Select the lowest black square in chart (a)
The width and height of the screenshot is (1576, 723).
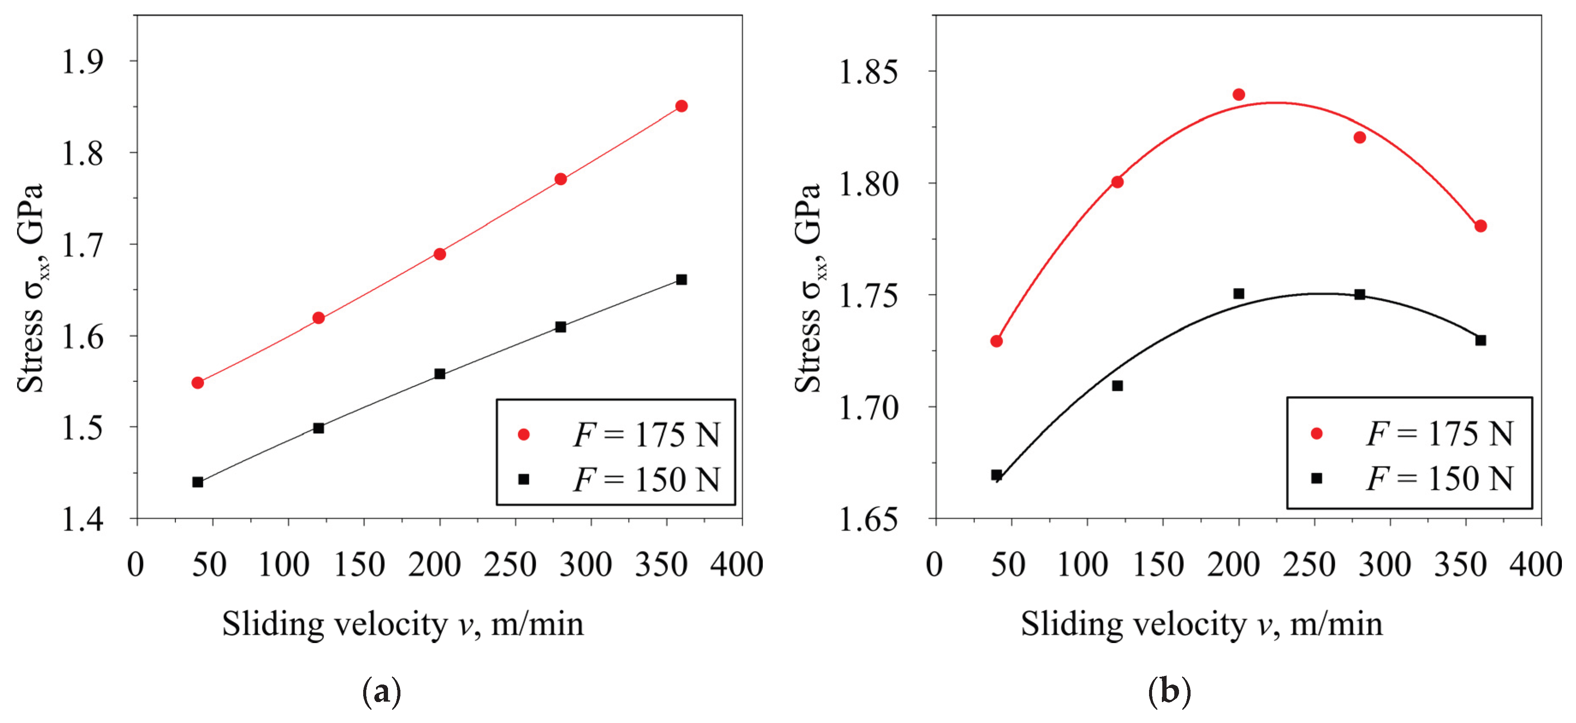(198, 482)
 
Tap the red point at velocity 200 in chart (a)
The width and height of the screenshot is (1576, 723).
(439, 254)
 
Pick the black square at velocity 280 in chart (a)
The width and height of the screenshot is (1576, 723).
(560, 327)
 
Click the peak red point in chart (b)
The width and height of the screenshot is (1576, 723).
(1239, 94)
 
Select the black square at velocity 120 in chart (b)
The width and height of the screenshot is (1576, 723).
(1117, 385)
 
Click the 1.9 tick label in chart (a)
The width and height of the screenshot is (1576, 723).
(83, 61)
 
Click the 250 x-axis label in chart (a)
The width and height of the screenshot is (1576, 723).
(510, 564)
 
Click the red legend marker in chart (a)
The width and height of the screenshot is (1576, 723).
(524, 434)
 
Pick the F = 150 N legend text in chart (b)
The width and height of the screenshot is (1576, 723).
(1439, 479)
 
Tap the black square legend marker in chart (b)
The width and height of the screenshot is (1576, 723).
(1317, 478)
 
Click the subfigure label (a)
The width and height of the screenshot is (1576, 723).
(382, 692)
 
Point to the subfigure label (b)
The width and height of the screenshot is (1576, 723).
(1169, 692)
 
